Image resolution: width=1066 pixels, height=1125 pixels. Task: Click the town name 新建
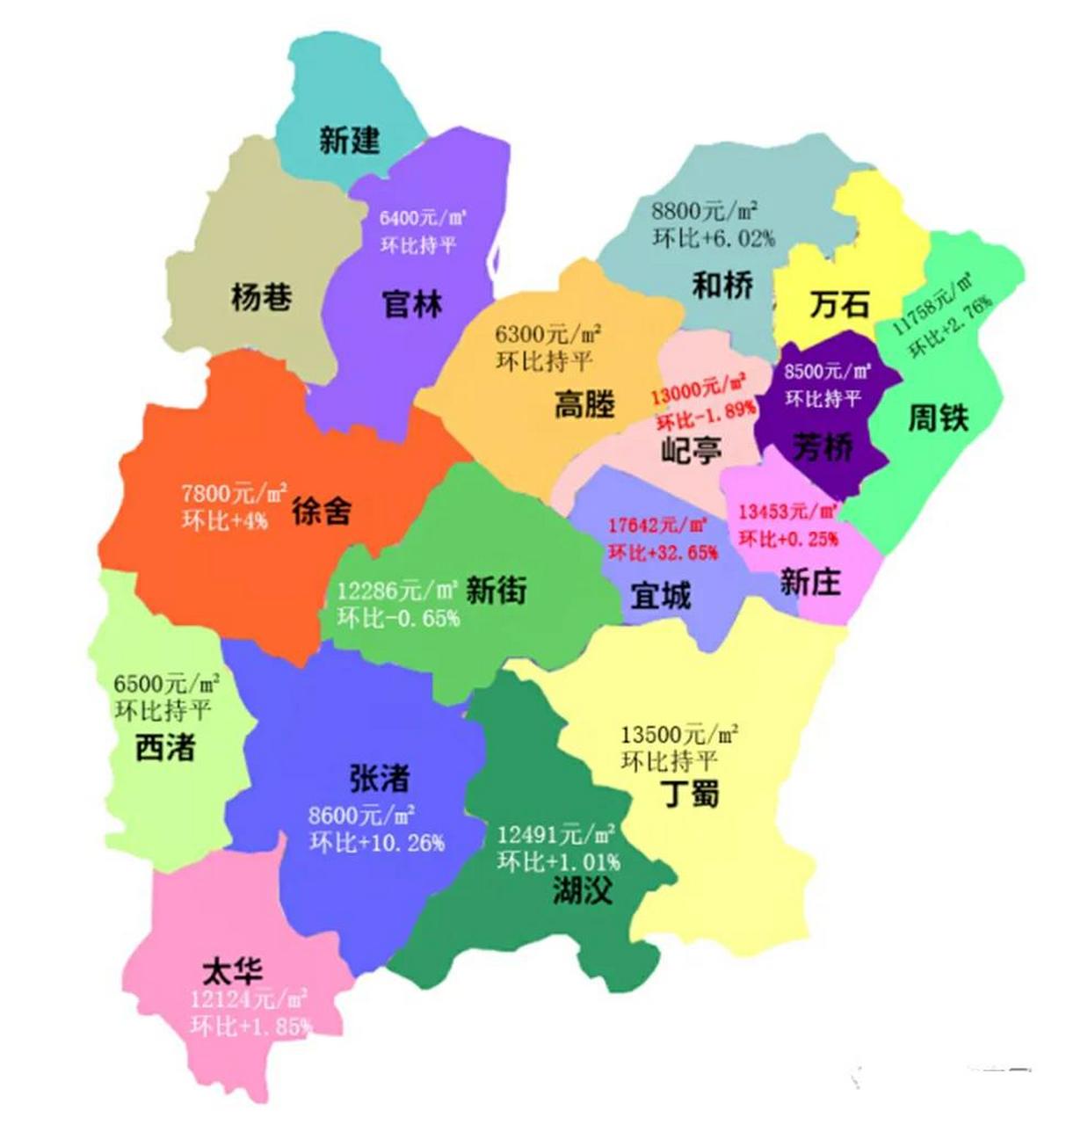click(349, 140)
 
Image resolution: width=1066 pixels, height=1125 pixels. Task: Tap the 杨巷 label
click(261, 297)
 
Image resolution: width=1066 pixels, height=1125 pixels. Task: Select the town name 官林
click(411, 304)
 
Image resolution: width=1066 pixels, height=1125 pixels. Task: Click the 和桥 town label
click(722, 285)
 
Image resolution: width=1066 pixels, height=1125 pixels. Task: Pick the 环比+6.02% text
click(714, 238)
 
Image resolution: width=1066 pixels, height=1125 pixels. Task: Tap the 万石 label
click(839, 304)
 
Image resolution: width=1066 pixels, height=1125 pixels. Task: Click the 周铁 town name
click(938, 417)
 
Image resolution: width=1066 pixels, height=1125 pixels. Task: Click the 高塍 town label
click(584, 404)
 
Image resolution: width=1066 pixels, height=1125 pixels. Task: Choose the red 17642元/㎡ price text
click(658, 526)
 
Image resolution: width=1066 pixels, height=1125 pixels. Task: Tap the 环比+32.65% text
click(663, 553)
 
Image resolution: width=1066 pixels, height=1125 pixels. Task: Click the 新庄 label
click(810, 581)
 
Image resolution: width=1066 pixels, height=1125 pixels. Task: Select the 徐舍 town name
click(322, 510)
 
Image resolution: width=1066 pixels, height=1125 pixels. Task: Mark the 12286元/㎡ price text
click(397, 590)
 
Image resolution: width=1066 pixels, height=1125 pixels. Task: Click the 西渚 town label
click(165, 747)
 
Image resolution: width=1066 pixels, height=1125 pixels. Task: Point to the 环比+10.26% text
click(377, 843)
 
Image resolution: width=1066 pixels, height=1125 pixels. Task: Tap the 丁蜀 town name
click(690, 793)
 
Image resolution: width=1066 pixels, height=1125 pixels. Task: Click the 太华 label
click(232, 971)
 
